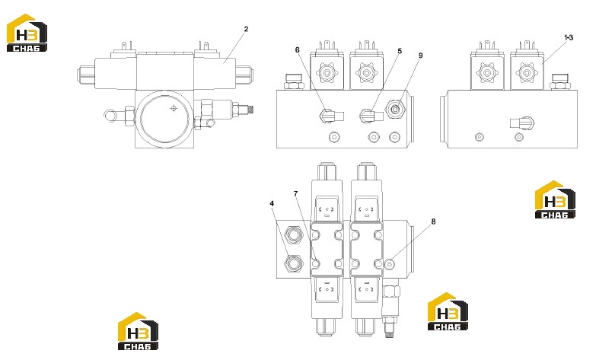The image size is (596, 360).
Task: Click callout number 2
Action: pyautogui.click(x=246, y=29)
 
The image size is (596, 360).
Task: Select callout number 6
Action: pyautogui.click(x=298, y=49)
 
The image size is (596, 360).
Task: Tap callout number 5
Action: pyautogui.click(x=400, y=51)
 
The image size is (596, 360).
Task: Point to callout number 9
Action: pyautogui.click(x=420, y=56)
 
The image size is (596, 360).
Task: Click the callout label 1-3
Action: pyautogui.click(x=569, y=37)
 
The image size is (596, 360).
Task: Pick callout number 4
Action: pyautogui.click(x=272, y=204)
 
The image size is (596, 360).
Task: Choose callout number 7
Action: pyautogui.click(x=296, y=194)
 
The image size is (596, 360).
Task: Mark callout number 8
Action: pyautogui.click(x=433, y=221)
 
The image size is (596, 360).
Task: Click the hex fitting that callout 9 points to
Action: pyautogui.click(x=395, y=110)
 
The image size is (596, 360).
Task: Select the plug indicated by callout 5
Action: pyautogui.click(x=371, y=116)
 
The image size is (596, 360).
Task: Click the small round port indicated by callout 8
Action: pyautogui.click(x=389, y=264)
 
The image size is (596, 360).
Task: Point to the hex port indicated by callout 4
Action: pyautogui.click(x=294, y=263)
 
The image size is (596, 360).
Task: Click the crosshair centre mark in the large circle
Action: pyautogui.click(x=174, y=109)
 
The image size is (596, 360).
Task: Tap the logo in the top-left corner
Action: pyautogui.click(x=27, y=33)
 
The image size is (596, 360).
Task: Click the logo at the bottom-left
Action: pyautogui.click(x=138, y=331)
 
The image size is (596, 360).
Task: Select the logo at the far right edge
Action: pyautogui.click(x=555, y=199)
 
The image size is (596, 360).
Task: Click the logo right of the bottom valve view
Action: pyautogui.click(x=448, y=311)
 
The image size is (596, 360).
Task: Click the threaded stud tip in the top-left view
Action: pyautogui.click(x=250, y=110)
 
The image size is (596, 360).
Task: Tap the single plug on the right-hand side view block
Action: pyautogui.click(x=522, y=123)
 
